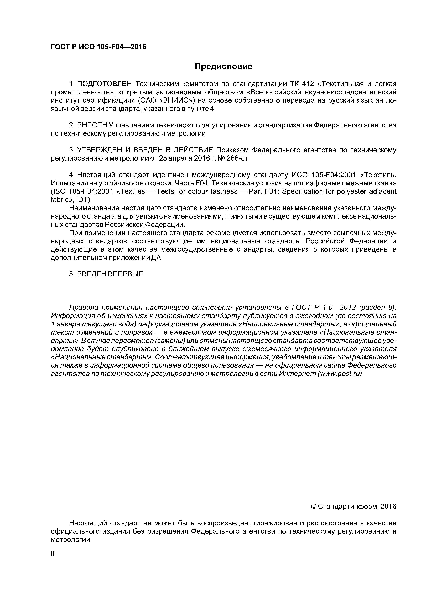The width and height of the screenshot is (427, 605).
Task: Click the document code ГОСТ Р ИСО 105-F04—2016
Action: [98, 47]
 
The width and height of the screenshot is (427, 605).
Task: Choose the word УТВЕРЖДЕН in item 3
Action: [100, 150]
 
